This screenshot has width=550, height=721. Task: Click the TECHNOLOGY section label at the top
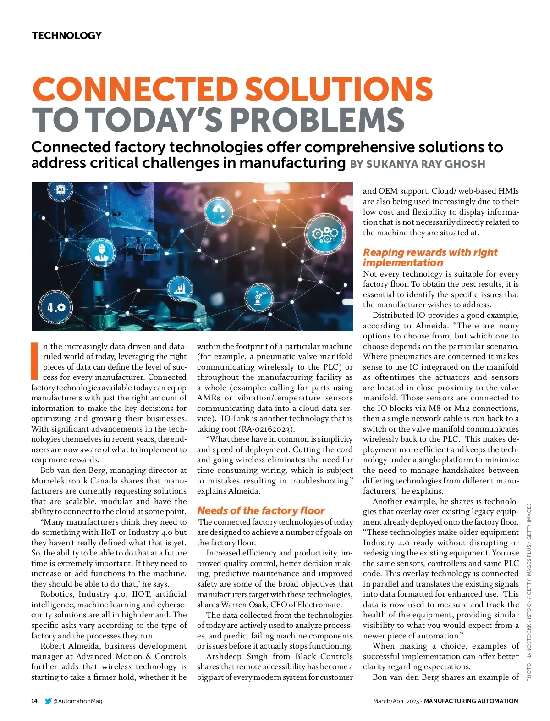point(67,36)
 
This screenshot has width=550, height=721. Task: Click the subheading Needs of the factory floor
point(261,510)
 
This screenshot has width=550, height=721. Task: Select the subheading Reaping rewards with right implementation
point(430,257)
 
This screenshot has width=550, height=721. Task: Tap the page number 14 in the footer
point(34,701)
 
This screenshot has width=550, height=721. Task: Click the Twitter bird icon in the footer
point(48,701)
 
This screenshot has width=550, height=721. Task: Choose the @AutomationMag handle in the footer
point(78,701)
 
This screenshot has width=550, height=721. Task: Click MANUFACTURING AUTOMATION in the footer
point(471,701)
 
